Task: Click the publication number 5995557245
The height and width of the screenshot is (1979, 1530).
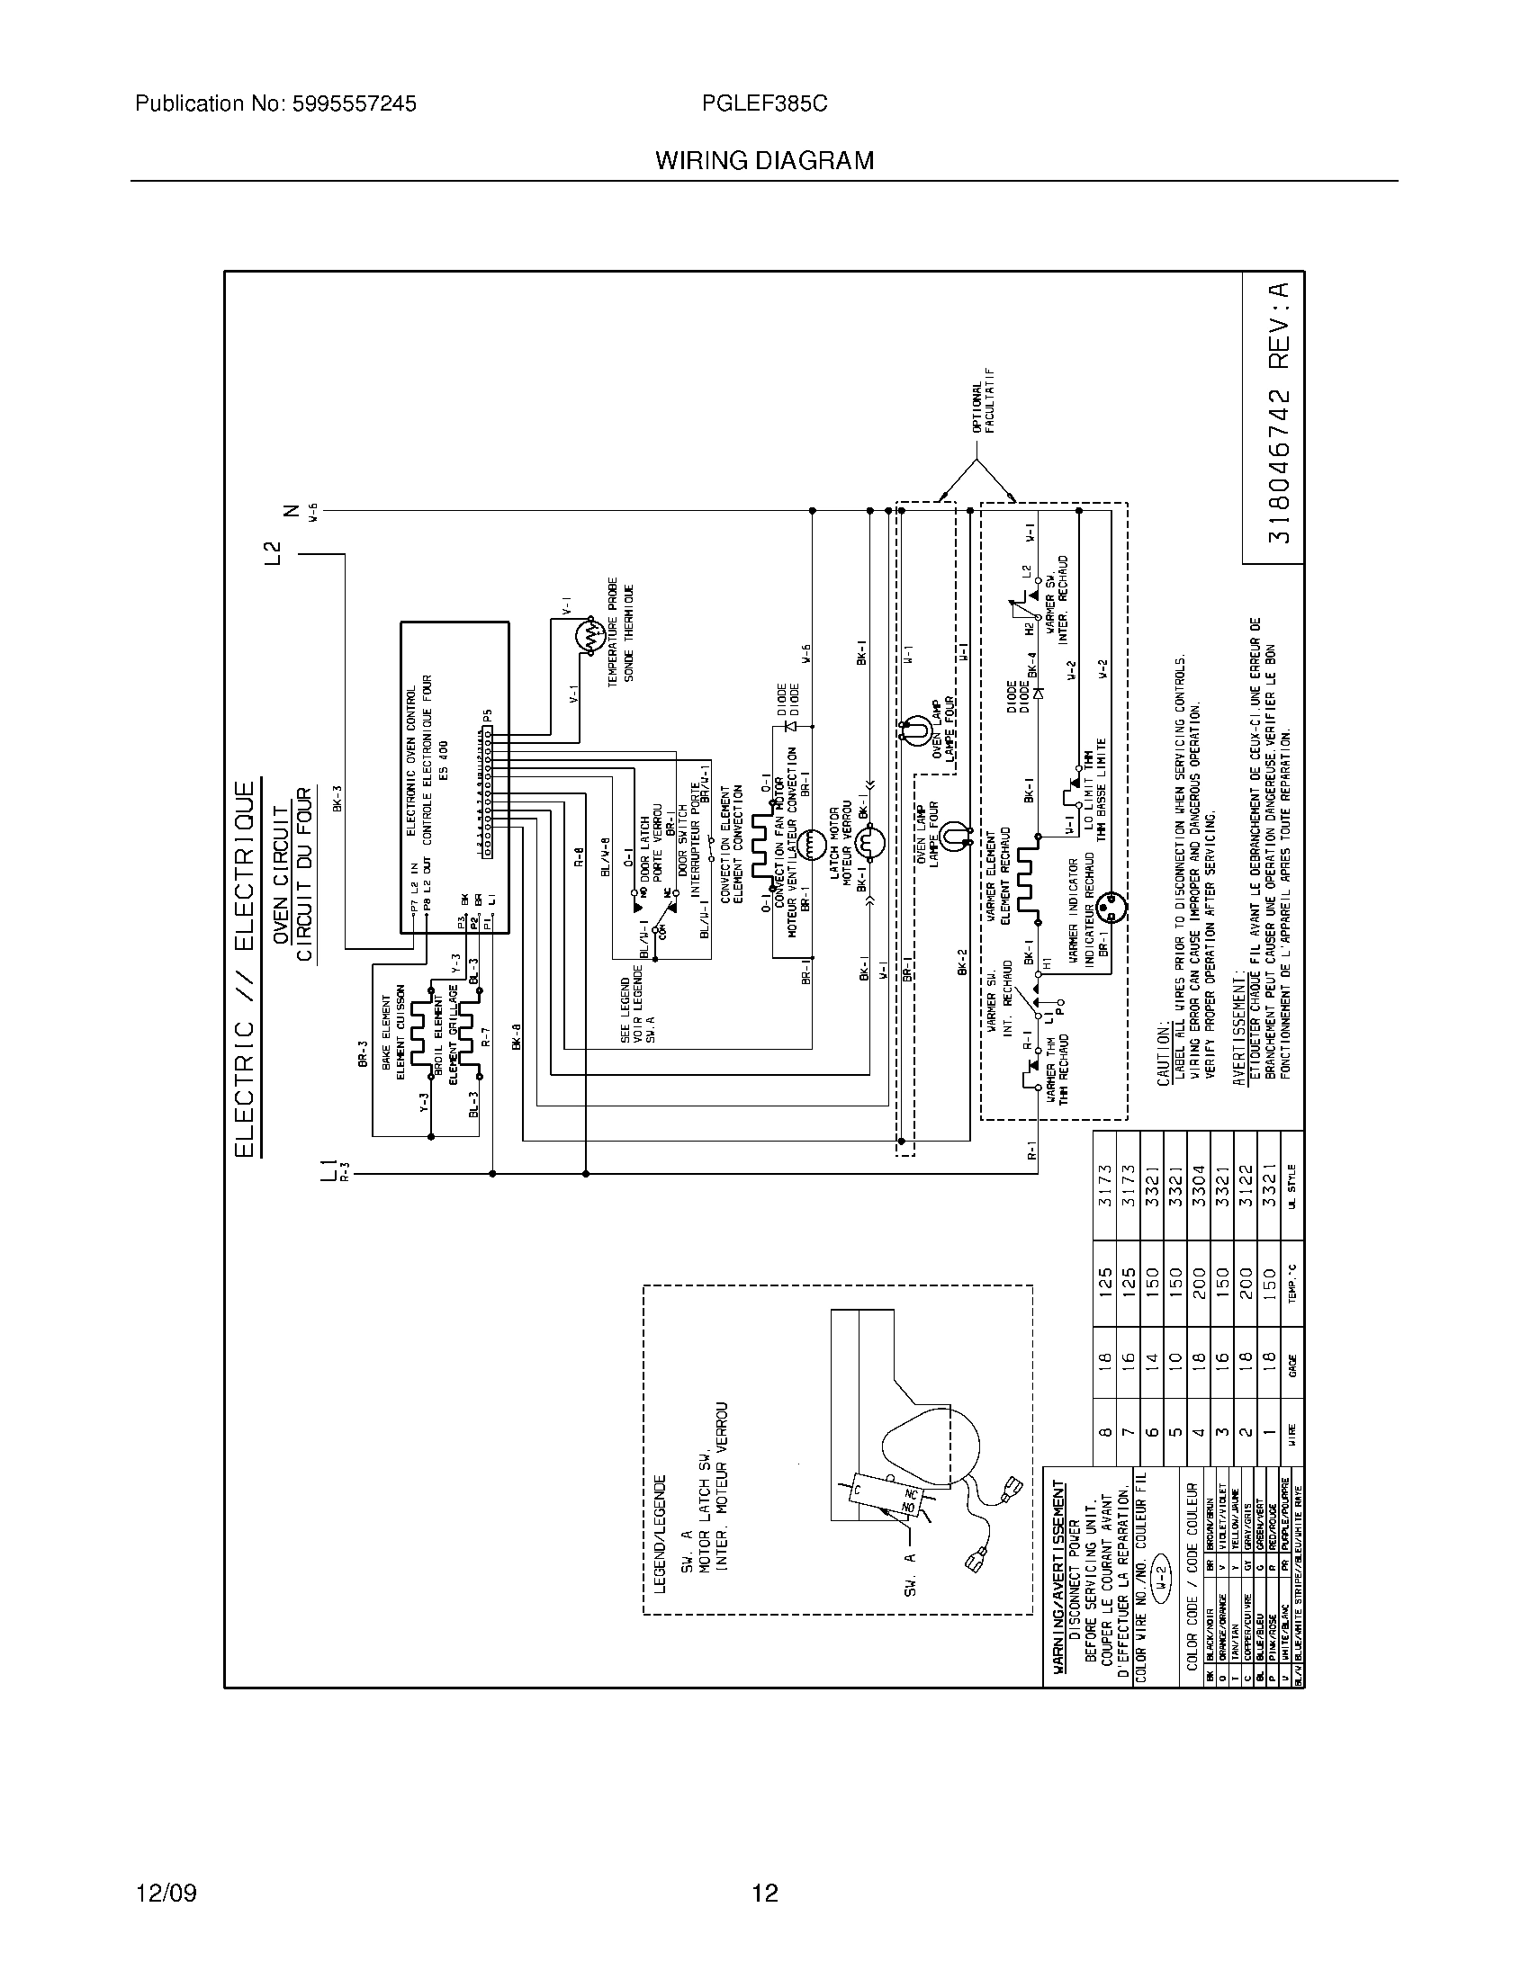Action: [x=275, y=104]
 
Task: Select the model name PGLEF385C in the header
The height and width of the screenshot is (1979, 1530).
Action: [x=764, y=104]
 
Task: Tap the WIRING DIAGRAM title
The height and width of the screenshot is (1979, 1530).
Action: [x=764, y=161]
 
